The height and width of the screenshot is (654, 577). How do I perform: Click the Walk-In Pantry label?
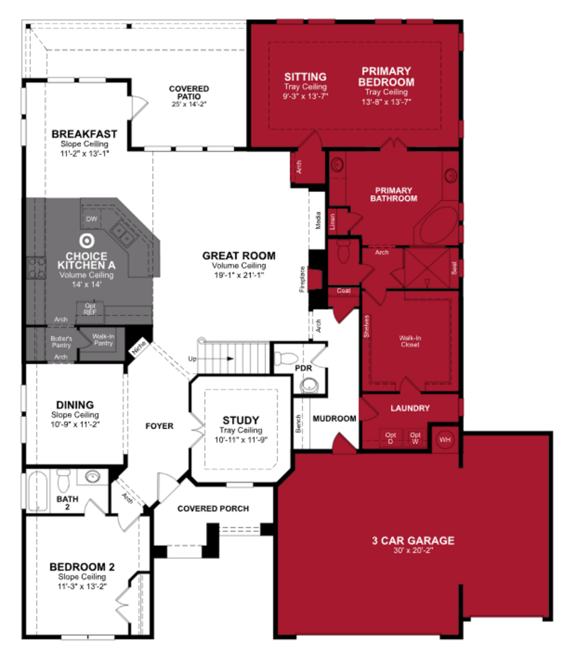point(103,339)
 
